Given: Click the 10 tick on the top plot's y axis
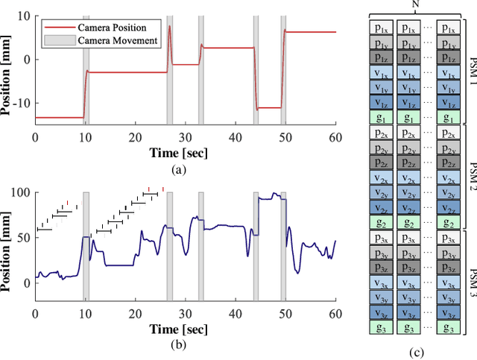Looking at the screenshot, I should tap(24, 15).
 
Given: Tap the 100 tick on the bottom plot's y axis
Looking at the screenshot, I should tap(21, 192).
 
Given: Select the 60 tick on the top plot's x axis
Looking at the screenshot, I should tap(335, 138).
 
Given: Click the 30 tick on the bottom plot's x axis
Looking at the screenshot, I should tap(185, 315).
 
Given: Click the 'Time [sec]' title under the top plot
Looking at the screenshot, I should tap(185, 152).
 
